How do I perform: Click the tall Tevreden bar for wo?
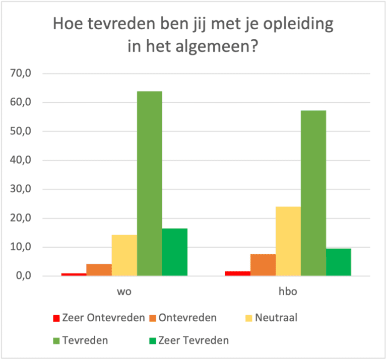[149, 184]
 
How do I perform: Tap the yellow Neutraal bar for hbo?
[288, 241]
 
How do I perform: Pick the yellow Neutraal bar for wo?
[124, 255]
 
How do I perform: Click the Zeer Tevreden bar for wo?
[174, 252]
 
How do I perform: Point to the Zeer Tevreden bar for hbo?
[339, 262]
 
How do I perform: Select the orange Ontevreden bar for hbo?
[263, 265]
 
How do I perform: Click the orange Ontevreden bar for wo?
[99, 270]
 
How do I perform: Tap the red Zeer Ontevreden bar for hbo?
[238, 273]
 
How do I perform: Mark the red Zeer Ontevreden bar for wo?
[74, 274]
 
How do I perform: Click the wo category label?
[124, 292]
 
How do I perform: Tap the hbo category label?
[288, 292]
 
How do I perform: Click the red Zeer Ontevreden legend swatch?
[56, 318]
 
